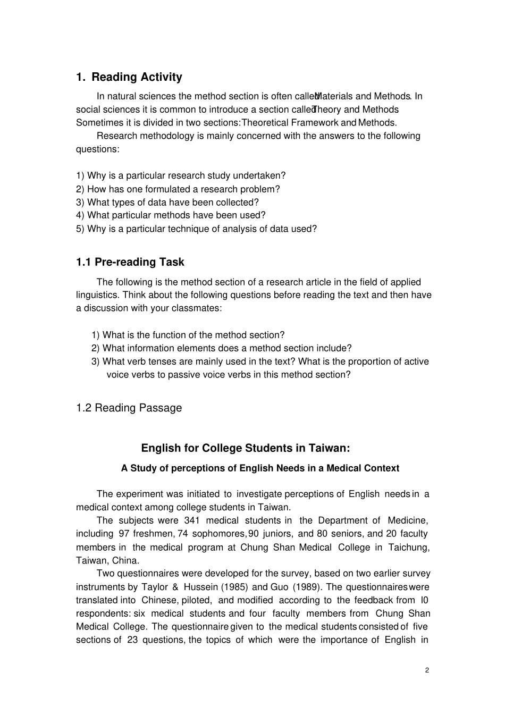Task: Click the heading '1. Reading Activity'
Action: coord(129,77)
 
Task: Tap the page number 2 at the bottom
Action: coord(427,670)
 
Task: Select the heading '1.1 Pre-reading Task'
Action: coord(130,262)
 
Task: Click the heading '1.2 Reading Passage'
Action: coord(129,408)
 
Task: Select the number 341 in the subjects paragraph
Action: coord(192,520)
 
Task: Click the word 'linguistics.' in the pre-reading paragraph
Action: coord(98,295)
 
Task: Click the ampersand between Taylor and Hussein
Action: coord(175,587)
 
